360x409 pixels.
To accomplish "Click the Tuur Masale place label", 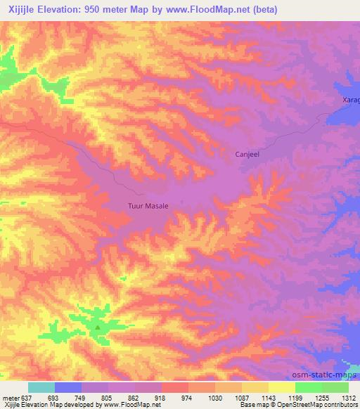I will tap(147, 206).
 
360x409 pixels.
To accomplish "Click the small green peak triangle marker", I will tap(97, 325).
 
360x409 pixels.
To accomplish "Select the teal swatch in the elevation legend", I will tap(41, 387).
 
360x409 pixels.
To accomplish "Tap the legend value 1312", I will tap(348, 397).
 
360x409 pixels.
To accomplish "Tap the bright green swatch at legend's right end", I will tap(335, 387).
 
